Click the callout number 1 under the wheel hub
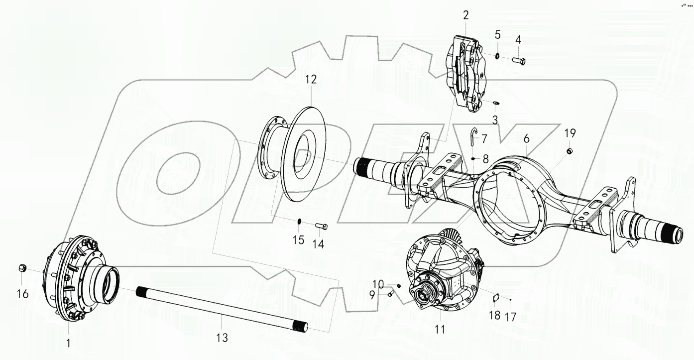point(69,343)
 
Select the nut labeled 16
point(22,268)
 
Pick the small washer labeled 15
point(300,221)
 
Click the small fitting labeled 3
point(496,103)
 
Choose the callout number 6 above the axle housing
point(527,139)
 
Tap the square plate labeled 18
point(495,298)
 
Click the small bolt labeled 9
point(390,295)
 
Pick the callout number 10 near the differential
point(378,284)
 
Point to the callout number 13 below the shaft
point(222,338)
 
